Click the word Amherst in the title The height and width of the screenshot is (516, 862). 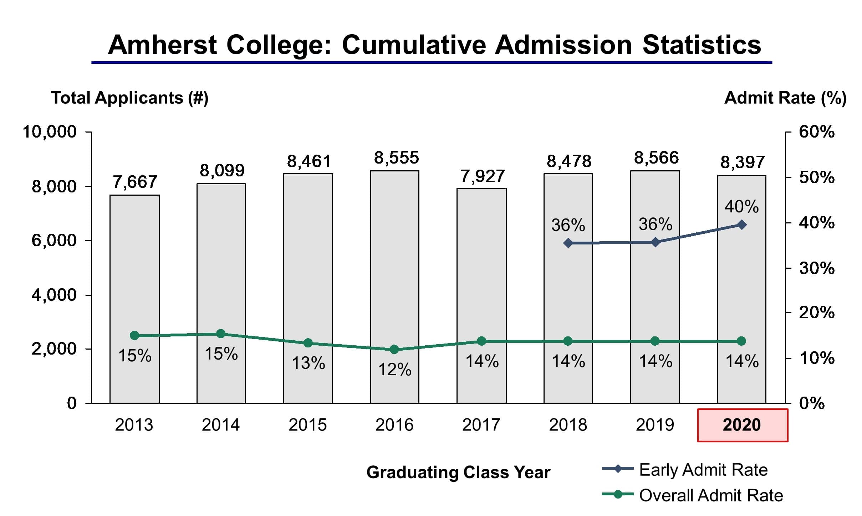(x=162, y=45)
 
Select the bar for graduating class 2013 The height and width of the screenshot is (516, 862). (x=134, y=285)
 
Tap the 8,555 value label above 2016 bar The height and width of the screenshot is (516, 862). (x=396, y=158)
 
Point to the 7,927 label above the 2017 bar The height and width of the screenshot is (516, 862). (x=483, y=176)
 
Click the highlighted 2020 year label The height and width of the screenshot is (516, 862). (x=742, y=425)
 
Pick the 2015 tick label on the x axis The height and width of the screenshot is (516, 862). (x=307, y=425)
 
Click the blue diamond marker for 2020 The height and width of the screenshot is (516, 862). (x=741, y=225)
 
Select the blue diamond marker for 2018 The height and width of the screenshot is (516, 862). (x=568, y=243)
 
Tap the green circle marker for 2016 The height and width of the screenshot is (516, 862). (x=394, y=349)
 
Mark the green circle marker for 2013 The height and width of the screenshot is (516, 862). (x=134, y=335)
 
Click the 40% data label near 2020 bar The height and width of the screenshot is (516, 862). (x=741, y=207)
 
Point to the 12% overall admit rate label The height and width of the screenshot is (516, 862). (x=394, y=370)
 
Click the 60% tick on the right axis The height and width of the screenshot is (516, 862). (x=816, y=132)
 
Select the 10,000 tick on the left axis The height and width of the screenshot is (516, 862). (x=49, y=132)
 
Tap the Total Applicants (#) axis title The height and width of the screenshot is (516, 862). (x=129, y=98)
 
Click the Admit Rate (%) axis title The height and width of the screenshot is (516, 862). (x=785, y=98)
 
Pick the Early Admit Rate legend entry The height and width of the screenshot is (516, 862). (x=703, y=470)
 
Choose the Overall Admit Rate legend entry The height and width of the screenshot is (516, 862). (x=710, y=495)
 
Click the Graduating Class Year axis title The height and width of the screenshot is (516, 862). (x=458, y=473)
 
